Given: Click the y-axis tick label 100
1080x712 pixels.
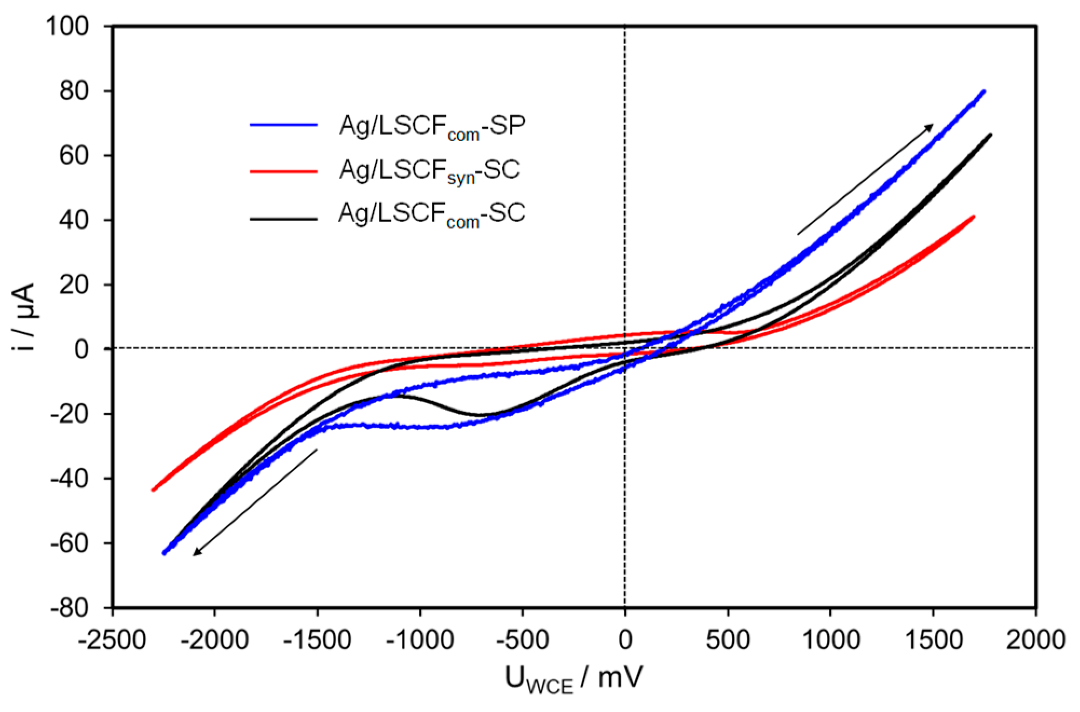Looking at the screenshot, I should pos(67,26).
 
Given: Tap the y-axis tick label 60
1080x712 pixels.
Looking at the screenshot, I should pos(73,155).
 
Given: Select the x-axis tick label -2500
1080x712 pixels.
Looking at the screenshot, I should pos(112,640).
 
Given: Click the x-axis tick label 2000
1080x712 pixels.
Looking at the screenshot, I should pos(1035,640).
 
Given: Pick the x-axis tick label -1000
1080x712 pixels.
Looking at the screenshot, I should pos(420,640).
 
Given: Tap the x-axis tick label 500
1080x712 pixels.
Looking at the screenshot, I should pos(728,640).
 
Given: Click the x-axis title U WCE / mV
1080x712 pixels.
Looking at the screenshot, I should pos(573,679).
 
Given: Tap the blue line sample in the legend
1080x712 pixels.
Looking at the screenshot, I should pos(283,126).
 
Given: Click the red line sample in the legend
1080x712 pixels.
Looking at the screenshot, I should pos(283,171).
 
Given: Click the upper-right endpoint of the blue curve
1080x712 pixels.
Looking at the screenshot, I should pos(985,91).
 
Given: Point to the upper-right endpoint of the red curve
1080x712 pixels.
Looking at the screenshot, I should pos(973,217).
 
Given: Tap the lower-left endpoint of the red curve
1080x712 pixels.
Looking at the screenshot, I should pos(153,490).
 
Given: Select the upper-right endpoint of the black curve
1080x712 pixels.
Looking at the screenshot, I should pos(991,135).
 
